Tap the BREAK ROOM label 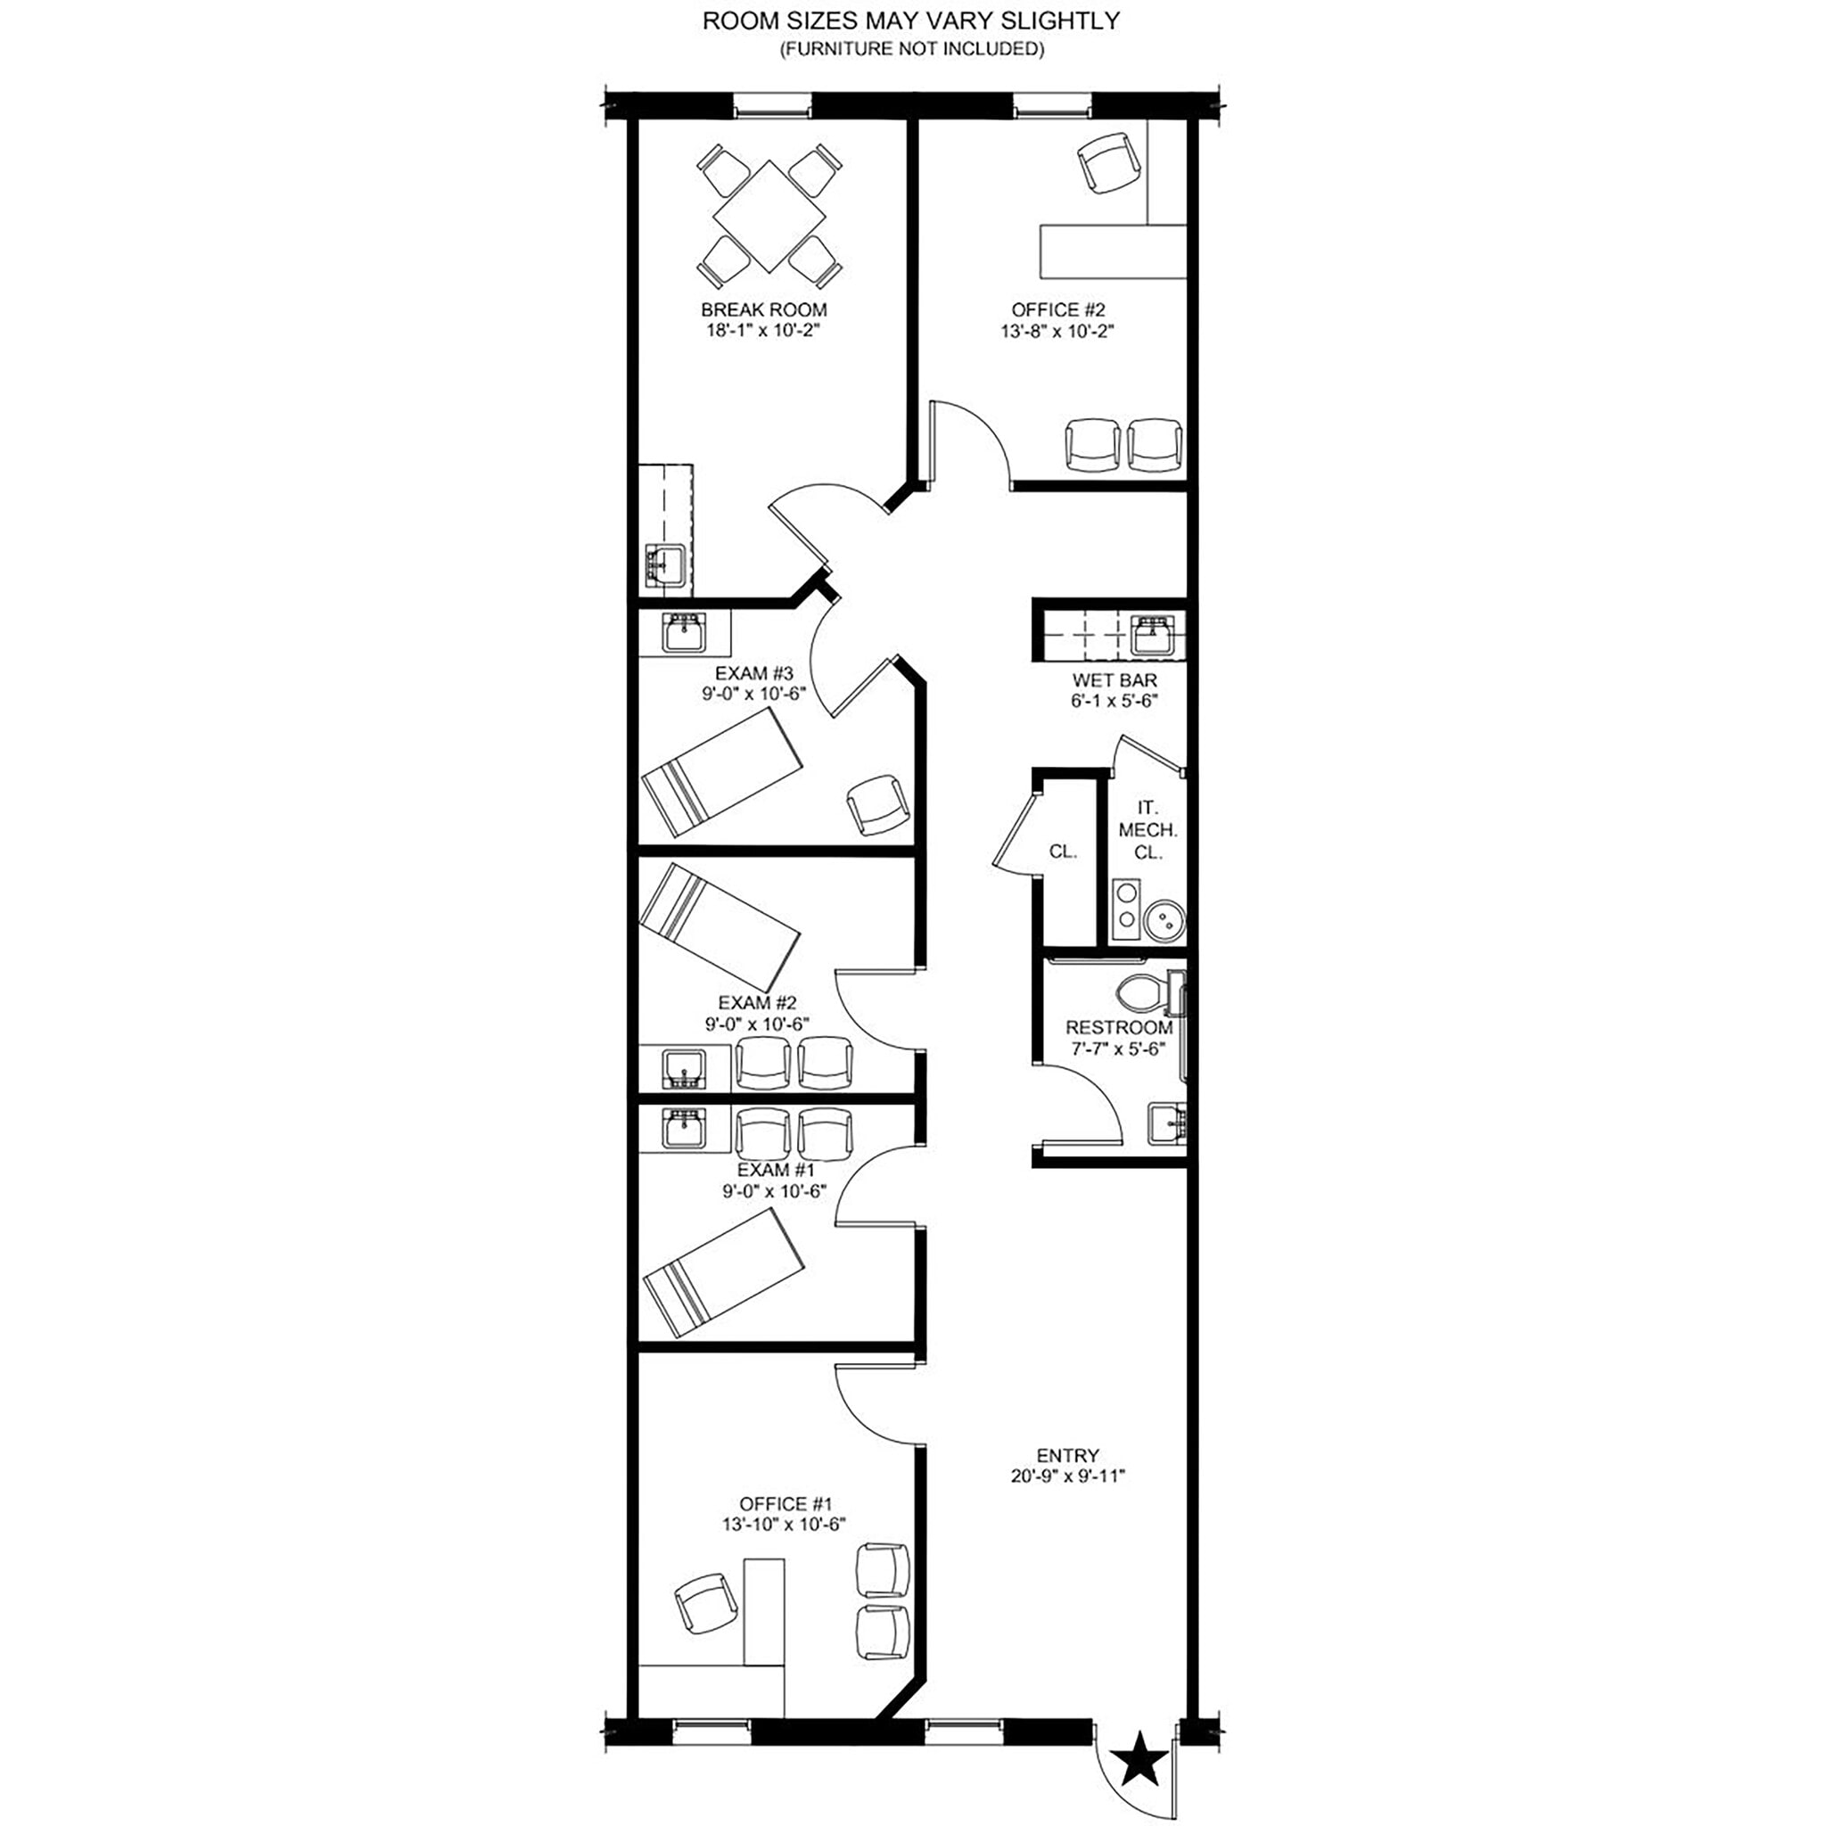764,309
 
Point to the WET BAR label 1115,679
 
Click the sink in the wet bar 1154,632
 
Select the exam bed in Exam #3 722,772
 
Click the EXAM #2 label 757,1002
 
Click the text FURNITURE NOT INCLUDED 911,49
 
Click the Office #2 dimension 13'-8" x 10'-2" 1057,331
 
